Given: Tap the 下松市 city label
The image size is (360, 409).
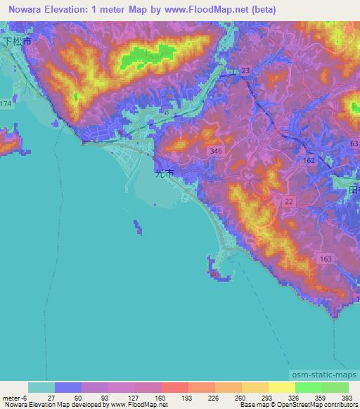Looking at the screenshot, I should pyautogui.click(x=15, y=41).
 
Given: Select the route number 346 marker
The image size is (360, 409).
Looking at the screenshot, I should pyautogui.click(x=216, y=152).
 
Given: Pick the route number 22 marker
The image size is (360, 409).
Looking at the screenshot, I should pyautogui.click(x=289, y=202).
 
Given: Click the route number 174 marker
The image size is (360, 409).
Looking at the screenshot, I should pyautogui.click(x=6, y=103).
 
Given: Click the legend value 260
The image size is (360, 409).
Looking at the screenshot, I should pyautogui.click(x=240, y=397).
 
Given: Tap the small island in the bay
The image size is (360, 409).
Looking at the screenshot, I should pyautogui.click(x=136, y=227).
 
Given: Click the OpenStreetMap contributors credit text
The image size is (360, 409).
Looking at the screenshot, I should pyautogui.click(x=299, y=405).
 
